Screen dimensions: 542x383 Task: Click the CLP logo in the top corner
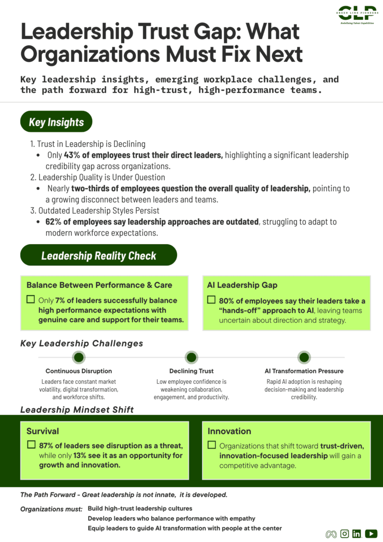[356, 14]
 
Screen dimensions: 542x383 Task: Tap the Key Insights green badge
[56, 122]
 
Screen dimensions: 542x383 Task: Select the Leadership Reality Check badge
[98, 256]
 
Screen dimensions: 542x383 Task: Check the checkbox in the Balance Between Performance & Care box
[31, 300]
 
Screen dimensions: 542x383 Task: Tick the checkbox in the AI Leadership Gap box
[211, 300]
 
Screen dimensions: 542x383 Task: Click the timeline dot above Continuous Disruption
[79, 357]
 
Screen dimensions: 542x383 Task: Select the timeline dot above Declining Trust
[191, 357]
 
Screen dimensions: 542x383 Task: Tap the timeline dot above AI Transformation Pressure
[304, 357]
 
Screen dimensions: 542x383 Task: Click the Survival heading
[42, 431]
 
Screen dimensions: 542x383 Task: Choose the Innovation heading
[229, 431]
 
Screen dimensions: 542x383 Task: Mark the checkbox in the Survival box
[31, 445]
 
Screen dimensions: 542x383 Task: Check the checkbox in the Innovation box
[211, 445]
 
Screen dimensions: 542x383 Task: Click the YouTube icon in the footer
[371, 534]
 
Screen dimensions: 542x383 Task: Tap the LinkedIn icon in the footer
[357, 534]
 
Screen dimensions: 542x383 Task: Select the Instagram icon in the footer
[344, 534]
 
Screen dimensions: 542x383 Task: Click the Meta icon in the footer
[331, 534]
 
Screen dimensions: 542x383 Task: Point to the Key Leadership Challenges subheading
[81, 343]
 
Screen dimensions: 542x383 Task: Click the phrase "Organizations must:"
[51, 509]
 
